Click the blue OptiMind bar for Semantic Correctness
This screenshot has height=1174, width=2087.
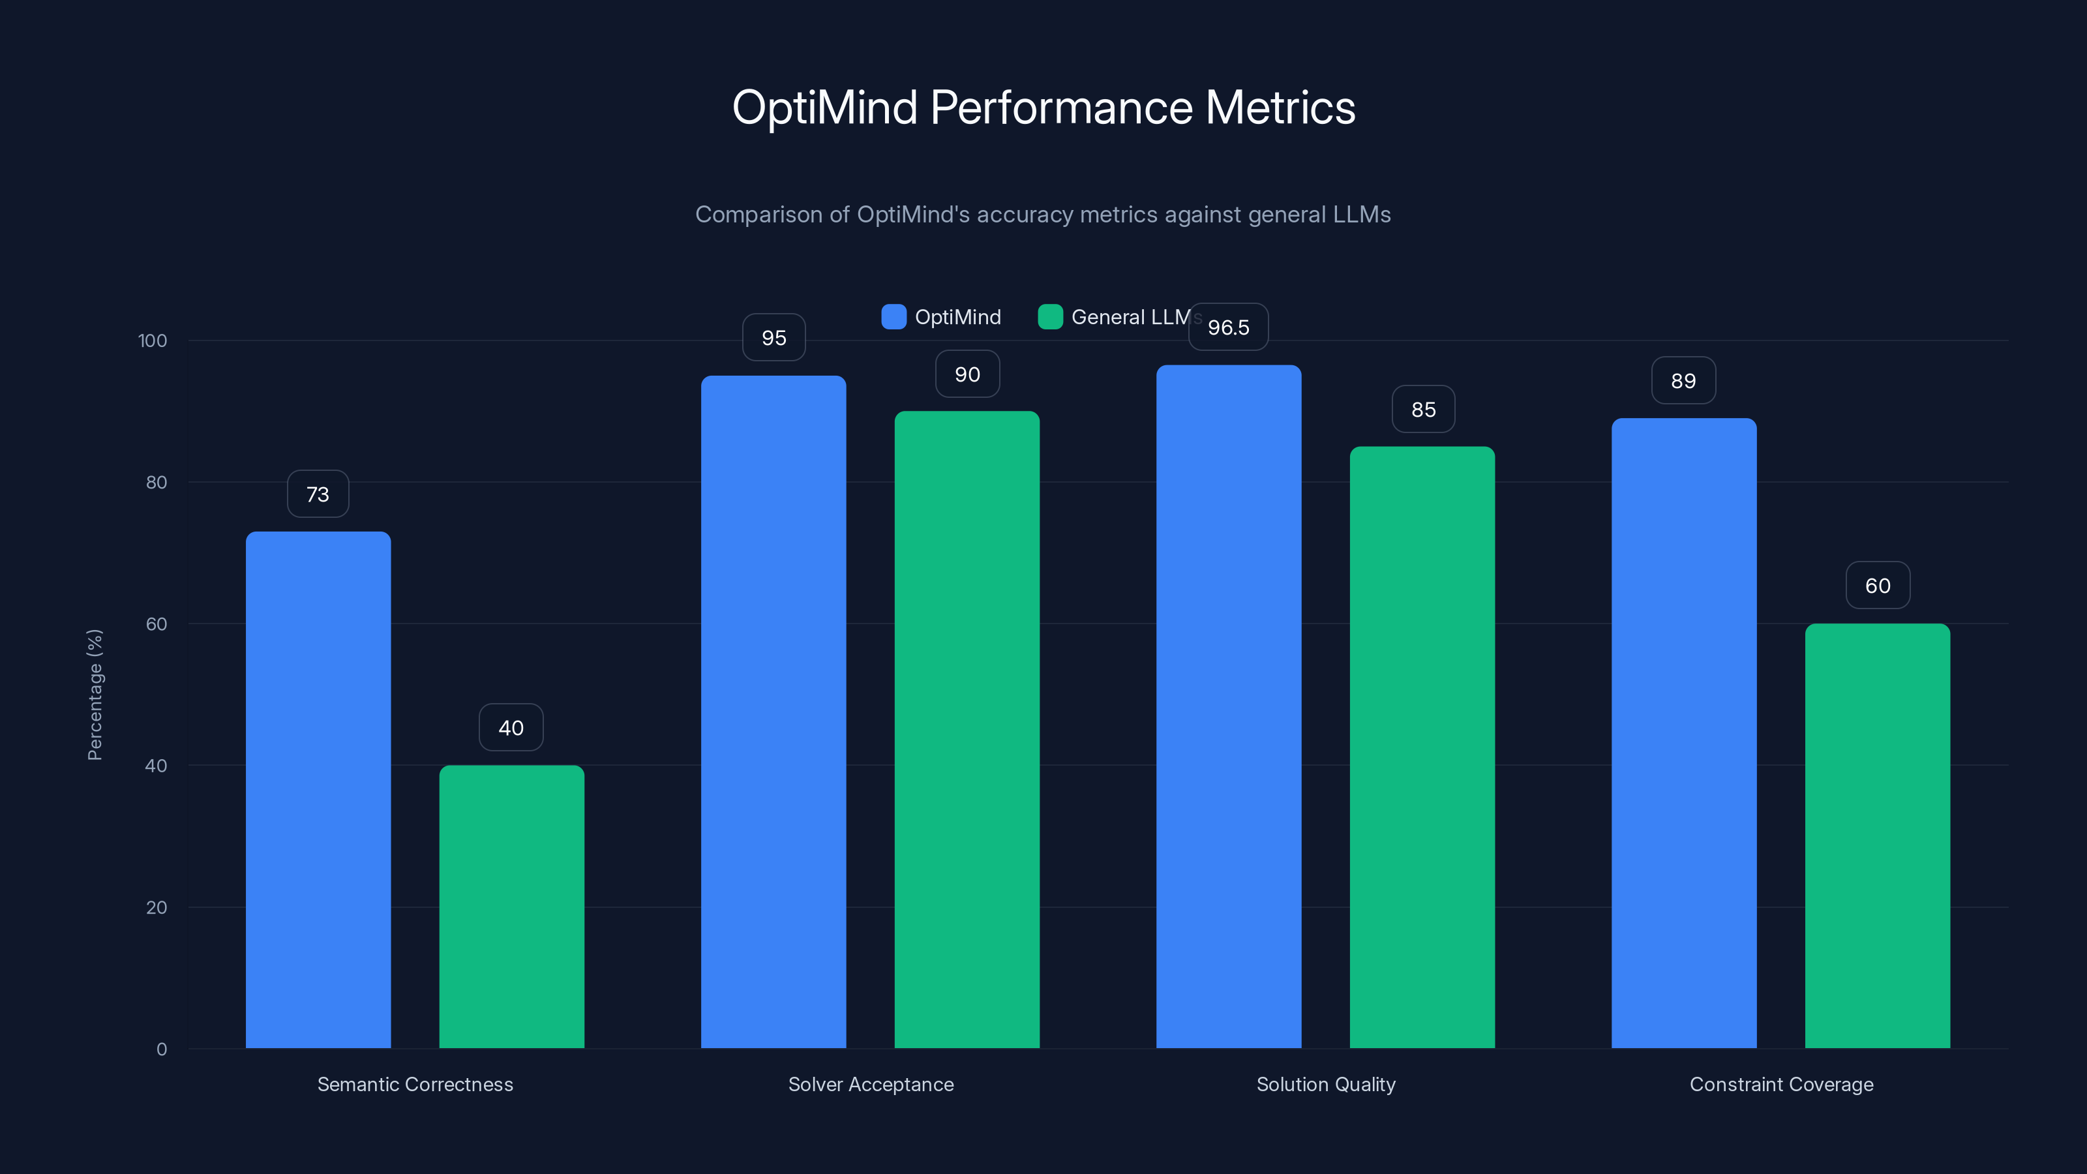click(x=318, y=790)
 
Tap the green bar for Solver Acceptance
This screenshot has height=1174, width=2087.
click(x=967, y=729)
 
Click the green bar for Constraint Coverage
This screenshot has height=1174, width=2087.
click(x=1877, y=835)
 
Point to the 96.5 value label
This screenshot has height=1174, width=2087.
click(x=1228, y=327)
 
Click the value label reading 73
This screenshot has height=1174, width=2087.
click(x=318, y=494)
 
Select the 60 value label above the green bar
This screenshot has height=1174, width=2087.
click(x=1877, y=586)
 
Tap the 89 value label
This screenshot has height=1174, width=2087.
click(x=1683, y=381)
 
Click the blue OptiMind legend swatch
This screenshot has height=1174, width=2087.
click(x=893, y=317)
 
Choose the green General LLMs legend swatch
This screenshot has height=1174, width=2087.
click(x=1050, y=317)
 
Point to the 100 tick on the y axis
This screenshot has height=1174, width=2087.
click(x=153, y=340)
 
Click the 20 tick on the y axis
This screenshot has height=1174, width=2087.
click(x=157, y=907)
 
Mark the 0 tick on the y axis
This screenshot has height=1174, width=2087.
click(x=161, y=1049)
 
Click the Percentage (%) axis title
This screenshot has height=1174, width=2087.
click(x=95, y=695)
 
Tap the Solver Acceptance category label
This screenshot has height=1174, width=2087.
click(x=871, y=1084)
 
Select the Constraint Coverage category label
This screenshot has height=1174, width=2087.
click(x=1780, y=1084)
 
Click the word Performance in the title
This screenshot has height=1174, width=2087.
click(x=1061, y=108)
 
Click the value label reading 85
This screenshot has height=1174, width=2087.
click(x=1422, y=410)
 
